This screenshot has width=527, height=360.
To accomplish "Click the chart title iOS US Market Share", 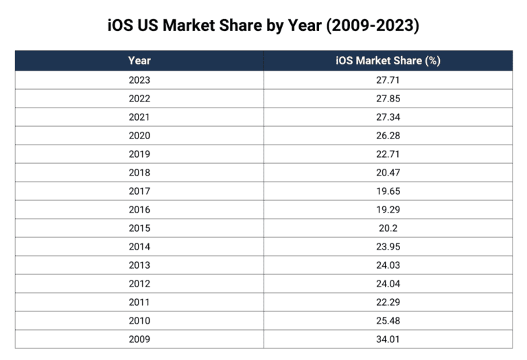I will click(x=263, y=26).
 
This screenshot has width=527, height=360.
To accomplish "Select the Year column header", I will click(x=139, y=60).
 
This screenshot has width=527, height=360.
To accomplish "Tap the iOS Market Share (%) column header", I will click(x=388, y=60).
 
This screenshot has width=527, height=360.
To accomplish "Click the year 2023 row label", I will click(x=139, y=80).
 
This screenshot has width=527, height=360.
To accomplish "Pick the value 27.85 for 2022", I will click(x=388, y=99).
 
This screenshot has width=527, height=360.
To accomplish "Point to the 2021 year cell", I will click(x=139, y=117).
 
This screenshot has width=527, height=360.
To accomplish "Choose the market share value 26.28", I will click(x=388, y=136).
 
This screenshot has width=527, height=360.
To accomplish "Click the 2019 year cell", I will click(x=139, y=154).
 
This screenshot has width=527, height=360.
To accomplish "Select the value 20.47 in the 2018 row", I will click(x=388, y=173).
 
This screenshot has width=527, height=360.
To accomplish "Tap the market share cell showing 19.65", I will click(x=388, y=191).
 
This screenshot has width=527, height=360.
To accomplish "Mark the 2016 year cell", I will click(x=139, y=210).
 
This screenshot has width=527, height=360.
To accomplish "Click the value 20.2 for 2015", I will click(x=388, y=228).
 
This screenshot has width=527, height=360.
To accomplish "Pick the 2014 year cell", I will click(x=139, y=247).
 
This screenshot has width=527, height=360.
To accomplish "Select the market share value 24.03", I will click(x=388, y=265).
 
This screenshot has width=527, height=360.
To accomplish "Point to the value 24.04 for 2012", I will click(x=388, y=284).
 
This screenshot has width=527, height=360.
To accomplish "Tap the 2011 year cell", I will click(x=139, y=302).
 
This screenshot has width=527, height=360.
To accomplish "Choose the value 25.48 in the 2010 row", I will click(x=388, y=321).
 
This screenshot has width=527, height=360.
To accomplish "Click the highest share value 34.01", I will click(x=388, y=339).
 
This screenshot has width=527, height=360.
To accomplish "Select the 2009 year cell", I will click(x=139, y=339).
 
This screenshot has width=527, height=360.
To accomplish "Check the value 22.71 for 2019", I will click(x=388, y=154).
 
